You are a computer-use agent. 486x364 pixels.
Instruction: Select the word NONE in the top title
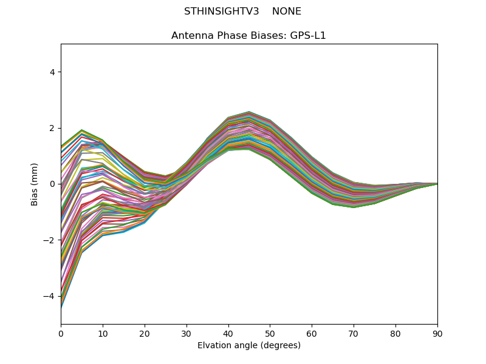(287, 12)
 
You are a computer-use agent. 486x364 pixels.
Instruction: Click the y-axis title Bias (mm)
(35, 184)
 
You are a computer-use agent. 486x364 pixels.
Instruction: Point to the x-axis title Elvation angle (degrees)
(249, 346)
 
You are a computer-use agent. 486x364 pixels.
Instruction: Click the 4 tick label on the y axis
(52, 72)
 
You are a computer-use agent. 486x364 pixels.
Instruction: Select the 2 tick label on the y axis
(52, 128)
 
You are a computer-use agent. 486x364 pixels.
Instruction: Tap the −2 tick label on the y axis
(49, 240)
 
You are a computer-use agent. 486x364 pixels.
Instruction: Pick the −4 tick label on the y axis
(49, 296)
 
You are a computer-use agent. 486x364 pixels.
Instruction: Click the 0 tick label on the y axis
(52, 184)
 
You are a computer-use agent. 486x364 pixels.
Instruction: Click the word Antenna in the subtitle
(191, 36)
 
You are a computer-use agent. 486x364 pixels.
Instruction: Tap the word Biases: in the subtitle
(268, 36)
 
